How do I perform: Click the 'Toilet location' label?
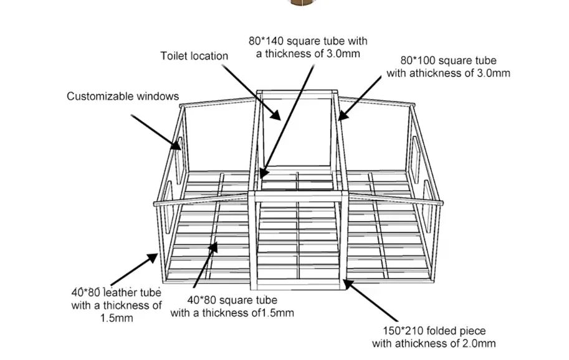pos(194,56)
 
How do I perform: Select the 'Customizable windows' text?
pos(123,97)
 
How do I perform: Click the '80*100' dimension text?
pos(416,60)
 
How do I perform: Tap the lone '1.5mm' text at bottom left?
pos(117,318)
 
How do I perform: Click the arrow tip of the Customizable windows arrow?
pos(180,149)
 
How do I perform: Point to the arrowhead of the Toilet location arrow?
pos(281,118)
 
